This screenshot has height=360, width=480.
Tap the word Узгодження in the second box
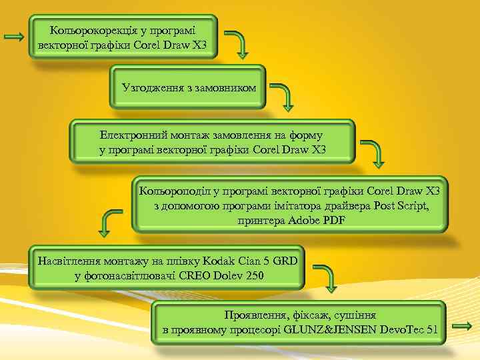pyautogui.click(x=150, y=87)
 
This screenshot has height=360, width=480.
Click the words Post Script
pyautogui.click(x=401, y=205)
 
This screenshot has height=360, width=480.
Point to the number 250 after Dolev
pyautogui.click(x=253, y=275)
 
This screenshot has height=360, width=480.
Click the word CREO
pyautogui.click(x=194, y=275)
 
